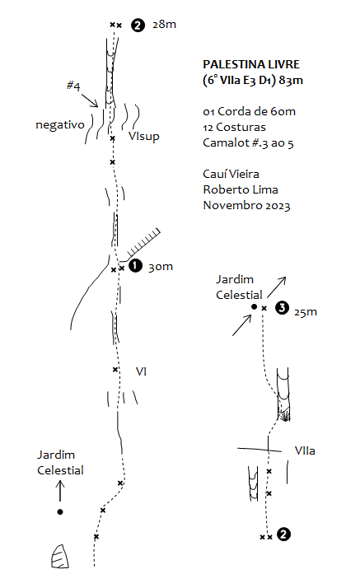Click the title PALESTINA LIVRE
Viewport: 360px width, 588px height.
point(251,64)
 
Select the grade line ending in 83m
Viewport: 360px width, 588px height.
point(253,80)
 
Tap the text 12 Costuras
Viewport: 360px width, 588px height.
point(235,127)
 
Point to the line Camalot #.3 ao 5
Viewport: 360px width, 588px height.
point(248,142)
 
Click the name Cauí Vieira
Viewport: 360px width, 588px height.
point(231,174)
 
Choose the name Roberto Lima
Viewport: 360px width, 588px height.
point(241,189)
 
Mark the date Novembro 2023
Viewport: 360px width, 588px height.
point(246,206)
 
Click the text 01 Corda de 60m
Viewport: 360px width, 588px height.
point(249,111)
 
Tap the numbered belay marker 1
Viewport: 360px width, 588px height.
point(135,266)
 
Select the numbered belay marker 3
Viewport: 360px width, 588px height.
point(282,308)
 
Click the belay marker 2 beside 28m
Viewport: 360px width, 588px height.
point(138,26)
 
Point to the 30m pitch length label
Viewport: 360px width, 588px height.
point(161,267)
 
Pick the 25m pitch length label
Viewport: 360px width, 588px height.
point(306,312)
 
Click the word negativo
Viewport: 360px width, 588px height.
point(60,124)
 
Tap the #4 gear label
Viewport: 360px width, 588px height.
point(73,86)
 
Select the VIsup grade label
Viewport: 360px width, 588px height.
point(143,136)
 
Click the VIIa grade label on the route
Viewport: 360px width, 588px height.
point(305,450)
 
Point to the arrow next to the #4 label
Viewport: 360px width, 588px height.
point(90,100)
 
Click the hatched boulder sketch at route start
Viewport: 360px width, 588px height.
point(60,557)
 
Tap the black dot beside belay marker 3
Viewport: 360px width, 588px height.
point(254,306)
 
